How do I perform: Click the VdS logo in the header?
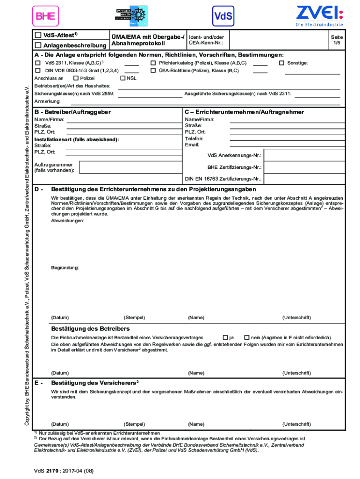click(x=223, y=16)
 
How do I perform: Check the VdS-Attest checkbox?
click(x=38, y=35)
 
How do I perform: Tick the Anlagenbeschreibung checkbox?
click(x=38, y=45)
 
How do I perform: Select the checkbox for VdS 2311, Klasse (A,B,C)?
click(x=38, y=63)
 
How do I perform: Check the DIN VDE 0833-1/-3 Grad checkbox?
click(x=38, y=71)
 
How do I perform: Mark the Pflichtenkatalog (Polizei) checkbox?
click(x=153, y=63)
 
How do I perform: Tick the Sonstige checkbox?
click(x=281, y=63)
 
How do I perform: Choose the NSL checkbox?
click(x=123, y=78)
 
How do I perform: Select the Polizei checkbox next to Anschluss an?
click(x=76, y=78)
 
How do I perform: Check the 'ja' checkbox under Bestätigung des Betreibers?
click(x=225, y=337)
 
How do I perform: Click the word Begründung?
click(x=65, y=268)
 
